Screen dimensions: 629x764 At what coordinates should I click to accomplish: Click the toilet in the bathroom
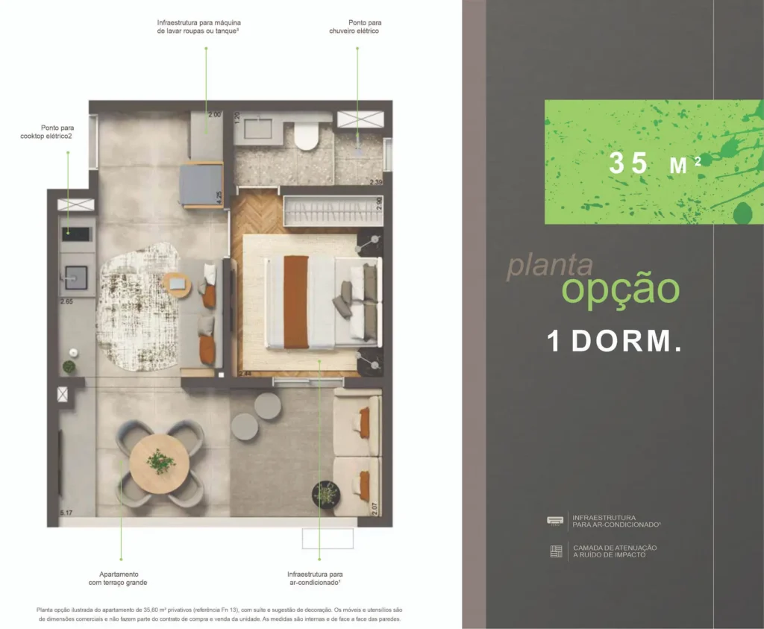coord(306,137)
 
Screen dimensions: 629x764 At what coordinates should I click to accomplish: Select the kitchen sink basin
coord(76,277)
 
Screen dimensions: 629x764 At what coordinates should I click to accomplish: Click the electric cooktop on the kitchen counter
coord(78,234)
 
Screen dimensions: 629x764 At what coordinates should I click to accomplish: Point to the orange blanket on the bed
coord(296,301)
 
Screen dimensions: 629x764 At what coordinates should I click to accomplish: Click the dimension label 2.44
coord(245,372)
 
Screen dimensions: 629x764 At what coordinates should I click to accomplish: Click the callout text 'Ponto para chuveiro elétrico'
coord(354,27)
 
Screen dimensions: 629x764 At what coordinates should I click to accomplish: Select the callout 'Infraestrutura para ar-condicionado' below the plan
coord(314,578)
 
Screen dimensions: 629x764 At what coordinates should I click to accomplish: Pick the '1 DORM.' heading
coord(614,341)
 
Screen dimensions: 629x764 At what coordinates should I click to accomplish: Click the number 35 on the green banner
coord(628,163)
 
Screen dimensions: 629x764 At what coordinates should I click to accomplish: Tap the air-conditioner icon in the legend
coord(555,520)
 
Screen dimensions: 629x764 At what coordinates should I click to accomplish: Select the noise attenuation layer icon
coord(555,551)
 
